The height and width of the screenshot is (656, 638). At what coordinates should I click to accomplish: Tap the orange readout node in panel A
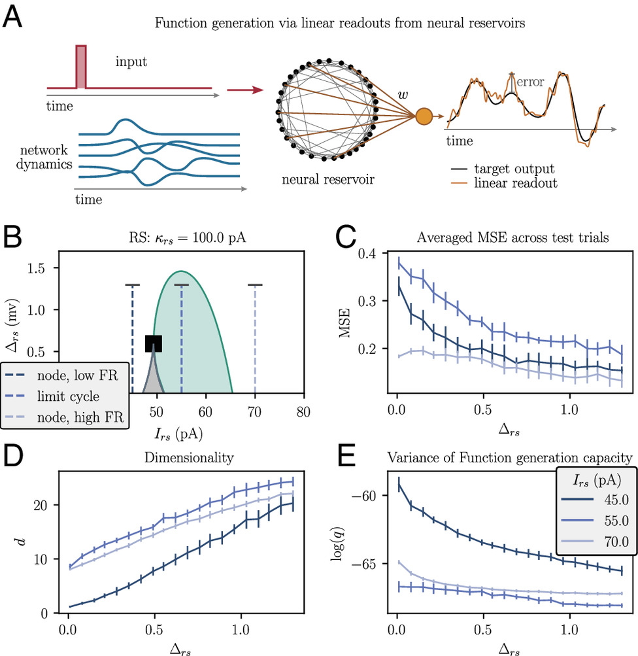424,117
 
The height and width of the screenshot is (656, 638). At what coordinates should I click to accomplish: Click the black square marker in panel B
154,343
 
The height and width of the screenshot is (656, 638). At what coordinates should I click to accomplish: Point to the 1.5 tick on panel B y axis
38,269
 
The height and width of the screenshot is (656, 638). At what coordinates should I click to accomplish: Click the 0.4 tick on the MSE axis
369,254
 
